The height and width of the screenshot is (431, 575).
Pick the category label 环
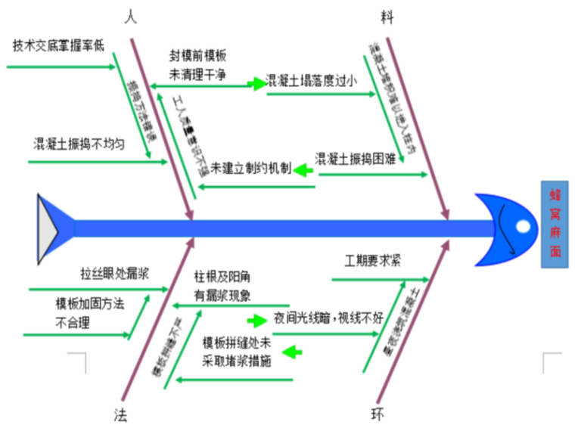(x=376, y=414)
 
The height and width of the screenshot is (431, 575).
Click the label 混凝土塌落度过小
(x=311, y=80)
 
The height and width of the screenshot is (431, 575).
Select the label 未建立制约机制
(x=250, y=167)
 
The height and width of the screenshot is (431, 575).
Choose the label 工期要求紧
(x=373, y=261)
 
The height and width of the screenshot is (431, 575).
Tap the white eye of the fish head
(x=523, y=226)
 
